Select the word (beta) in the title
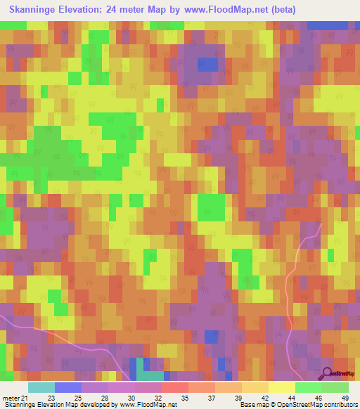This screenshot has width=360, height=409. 281,10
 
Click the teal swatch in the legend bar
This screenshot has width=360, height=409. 41,387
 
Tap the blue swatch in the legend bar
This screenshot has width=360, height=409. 68,387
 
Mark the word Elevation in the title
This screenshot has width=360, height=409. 89,10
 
